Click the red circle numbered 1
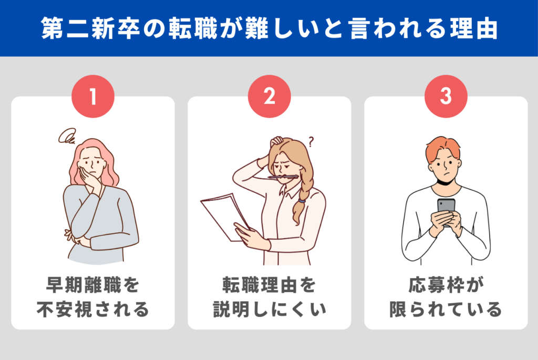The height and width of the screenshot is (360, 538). (92, 96)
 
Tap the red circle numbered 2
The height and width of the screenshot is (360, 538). (270, 96)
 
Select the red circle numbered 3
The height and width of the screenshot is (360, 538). (446, 96)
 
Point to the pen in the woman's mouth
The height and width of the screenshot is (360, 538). (283, 177)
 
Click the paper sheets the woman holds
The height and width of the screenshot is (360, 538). (225, 217)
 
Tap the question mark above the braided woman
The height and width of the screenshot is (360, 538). (311, 141)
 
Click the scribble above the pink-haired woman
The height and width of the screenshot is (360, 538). (67, 137)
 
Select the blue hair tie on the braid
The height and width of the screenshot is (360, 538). (302, 200)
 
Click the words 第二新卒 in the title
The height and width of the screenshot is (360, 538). (90, 28)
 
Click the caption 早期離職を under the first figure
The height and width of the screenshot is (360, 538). (92, 285)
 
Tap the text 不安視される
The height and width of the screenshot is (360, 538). (92, 309)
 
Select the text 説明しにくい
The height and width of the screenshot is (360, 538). (270, 309)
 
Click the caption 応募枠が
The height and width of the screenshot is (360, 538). (446, 285)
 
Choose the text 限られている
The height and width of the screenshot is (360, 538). (446, 309)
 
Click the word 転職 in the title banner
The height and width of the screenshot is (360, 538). (193, 28)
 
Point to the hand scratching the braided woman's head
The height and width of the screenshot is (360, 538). (277, 141)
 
